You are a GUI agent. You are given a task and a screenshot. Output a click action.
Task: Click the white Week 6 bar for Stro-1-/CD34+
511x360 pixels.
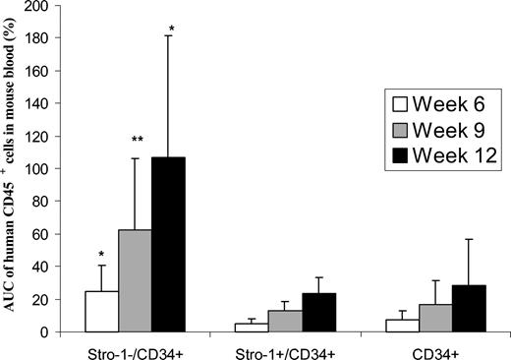coord(102,312)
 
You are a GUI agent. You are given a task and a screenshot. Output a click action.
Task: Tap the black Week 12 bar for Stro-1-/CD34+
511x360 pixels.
coord(168,245)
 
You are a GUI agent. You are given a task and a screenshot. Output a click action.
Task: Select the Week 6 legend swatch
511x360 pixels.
coord(398,102)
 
